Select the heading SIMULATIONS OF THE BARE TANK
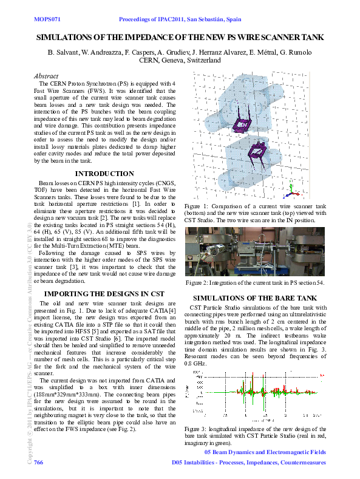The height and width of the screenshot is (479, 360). pyautogui.click(x=254, y=298)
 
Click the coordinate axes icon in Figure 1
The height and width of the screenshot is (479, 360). pyautogui.click(x=290, y=192)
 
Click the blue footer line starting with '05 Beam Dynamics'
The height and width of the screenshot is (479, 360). pyautogui.click(x=265, y=452)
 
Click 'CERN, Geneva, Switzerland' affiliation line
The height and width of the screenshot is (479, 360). pyautogui.click(x=180, y=61)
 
